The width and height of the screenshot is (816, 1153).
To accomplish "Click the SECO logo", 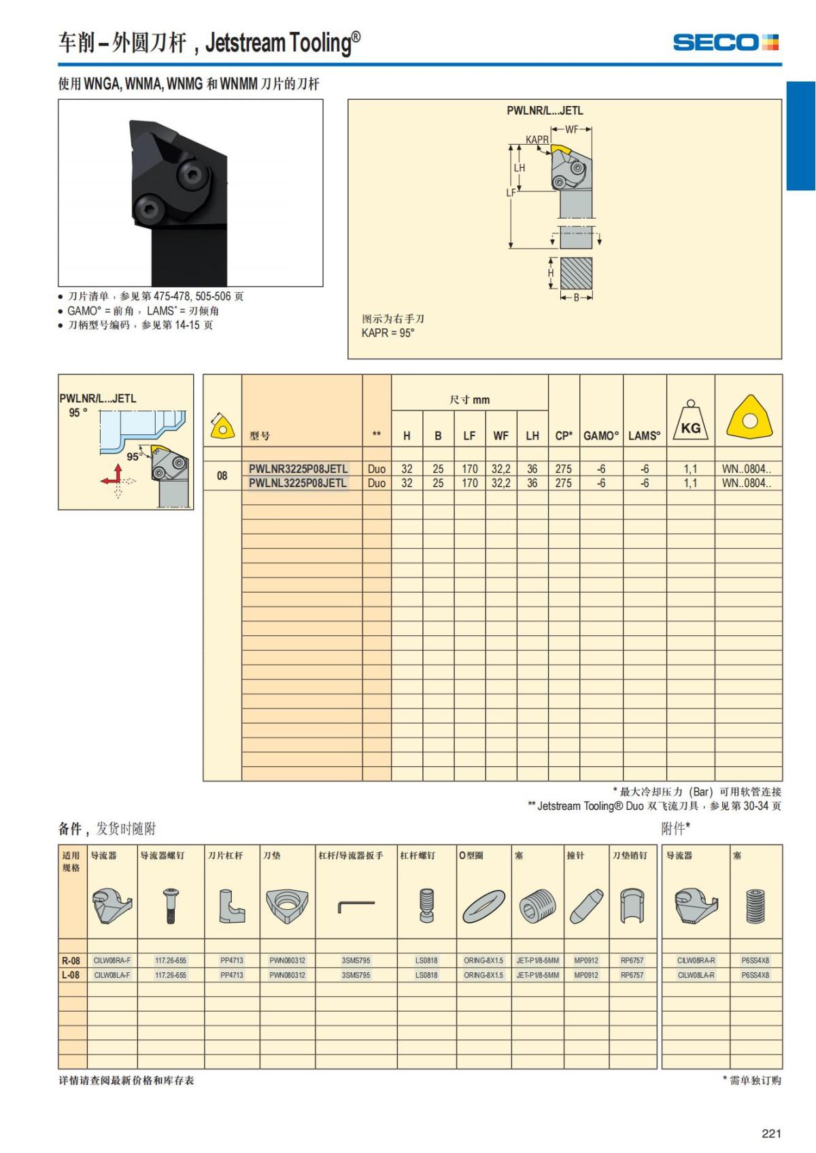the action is pos(726,42).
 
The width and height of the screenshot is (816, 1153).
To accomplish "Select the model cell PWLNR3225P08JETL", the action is pos(298,469).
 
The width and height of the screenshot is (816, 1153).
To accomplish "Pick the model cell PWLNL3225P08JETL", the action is pos(297,483).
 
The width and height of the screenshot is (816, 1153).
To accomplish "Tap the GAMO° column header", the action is pos(600,436).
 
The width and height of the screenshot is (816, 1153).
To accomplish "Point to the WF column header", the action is pos(500,436).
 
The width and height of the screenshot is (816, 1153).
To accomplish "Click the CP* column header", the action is pos(564,436).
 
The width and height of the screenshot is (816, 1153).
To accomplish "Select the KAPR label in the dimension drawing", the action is pos(537,139).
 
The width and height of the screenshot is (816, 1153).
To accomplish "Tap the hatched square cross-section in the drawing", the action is pos(576,273).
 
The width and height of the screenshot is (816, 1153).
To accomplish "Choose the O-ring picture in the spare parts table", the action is pos(483,906).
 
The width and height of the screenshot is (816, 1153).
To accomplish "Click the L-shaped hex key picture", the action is pos(356,906).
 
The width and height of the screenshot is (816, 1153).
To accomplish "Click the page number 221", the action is pos(771,1133).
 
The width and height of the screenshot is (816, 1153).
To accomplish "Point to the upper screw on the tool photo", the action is pos(194,175).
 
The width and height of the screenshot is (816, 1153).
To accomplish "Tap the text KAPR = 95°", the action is pos(388,333).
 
